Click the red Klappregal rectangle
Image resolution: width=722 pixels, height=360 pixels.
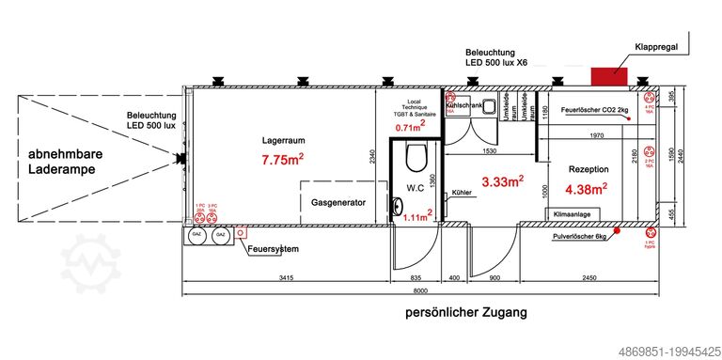pos(609,75)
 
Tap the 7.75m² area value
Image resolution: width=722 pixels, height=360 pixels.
pos(282,161)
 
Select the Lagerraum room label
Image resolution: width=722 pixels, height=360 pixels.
pos(281,141)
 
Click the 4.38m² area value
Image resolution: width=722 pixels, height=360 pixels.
pos(587,189)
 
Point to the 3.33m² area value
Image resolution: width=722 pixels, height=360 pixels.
pos(502,180)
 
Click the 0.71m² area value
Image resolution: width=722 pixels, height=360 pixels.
pos(410,127)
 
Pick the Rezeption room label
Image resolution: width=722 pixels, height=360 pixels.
pos(589,169)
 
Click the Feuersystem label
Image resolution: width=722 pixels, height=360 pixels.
pos(274,249)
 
